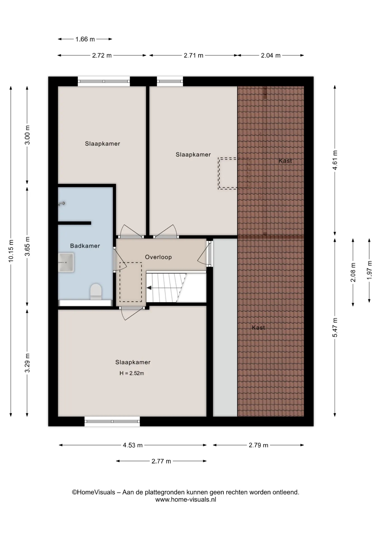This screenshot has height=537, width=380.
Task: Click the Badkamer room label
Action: pyautogui.click(x=85, y=246)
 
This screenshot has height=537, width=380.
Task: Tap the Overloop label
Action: pyautogui.click(x=158, y=257)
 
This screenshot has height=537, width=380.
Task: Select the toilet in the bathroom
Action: pyautogui.click(x=96, y=292)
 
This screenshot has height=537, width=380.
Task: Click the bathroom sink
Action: pyautogui.click(x=66, y=263)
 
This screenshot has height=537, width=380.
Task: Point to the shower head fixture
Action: pyautogui.click(x=62, y=204)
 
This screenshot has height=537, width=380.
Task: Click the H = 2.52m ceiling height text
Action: pyautogui.click(x=132, y=373)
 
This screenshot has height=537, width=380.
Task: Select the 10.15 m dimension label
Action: pyautogui.click(x=11, y=251)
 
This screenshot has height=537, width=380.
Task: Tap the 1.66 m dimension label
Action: pyautogui.click(x=85, y=39)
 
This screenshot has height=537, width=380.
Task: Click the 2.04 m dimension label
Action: pyautogui.click(x=271, y=55)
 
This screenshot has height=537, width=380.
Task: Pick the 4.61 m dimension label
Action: pyautogui.click(x=335, y=160)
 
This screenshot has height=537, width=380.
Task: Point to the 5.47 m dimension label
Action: pyautogui.click(x=335, y=328)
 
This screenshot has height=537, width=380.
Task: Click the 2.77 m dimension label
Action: pyautogui.click(x=161, y=461)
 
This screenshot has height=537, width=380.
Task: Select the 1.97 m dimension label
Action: pyautogui.click(x=369, y=270)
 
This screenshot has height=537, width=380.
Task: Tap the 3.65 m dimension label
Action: pyautogui.click(x=27, y=246)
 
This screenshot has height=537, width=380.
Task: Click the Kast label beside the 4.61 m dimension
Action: pyautogui.click(x=285, y=161)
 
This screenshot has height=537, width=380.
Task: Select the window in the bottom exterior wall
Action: pyautogui.click(x=112, y=421)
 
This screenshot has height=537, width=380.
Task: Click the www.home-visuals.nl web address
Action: pyautogui.click(x=186, y=500)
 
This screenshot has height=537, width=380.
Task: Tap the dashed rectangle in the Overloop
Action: pyautogui.click(x=131, y=282)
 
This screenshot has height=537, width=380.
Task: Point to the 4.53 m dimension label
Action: pyautogui.click(x=133, y=445)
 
